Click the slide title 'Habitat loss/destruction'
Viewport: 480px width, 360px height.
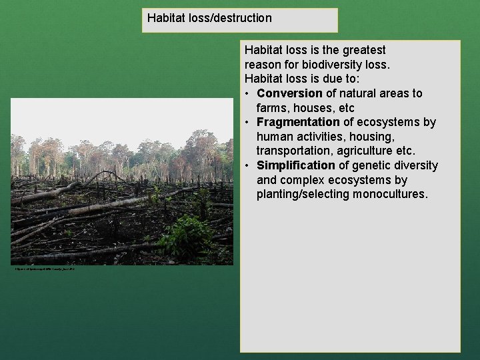[209, 18]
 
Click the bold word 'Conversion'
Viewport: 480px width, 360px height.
[289, 93]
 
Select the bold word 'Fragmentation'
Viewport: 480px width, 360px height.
[298, 122]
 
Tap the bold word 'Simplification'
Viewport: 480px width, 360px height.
[295, 165]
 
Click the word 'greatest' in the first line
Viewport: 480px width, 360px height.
[364, 50]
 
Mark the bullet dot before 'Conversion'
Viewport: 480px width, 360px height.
[247, 94]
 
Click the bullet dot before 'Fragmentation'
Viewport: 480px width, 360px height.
[247, 123]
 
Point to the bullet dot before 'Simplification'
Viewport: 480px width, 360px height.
[247, 166]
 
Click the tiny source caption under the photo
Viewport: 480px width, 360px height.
[45, 269]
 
